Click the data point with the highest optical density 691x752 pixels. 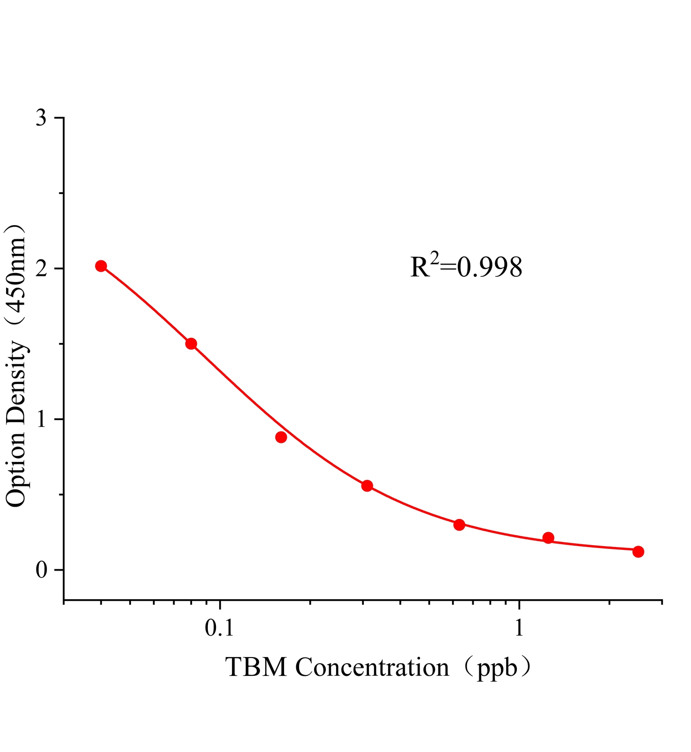tap(101, 266)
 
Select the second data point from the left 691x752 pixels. tap(191, 344)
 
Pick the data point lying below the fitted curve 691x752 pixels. tap(281, 437)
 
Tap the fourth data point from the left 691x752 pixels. tap(367, 486)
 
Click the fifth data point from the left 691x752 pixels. tap(459, 525)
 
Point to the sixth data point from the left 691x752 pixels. tap(548, 538)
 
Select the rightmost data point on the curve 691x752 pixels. tap(638, 551)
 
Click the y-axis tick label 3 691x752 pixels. tap(41, 118)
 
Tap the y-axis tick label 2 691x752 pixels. tap(41, 269)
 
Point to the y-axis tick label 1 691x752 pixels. tap(42, 419)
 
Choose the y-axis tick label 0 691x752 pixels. tap(41, 570)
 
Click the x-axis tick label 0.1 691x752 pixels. tap(219, 628)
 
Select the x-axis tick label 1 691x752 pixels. tap(519, 628)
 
